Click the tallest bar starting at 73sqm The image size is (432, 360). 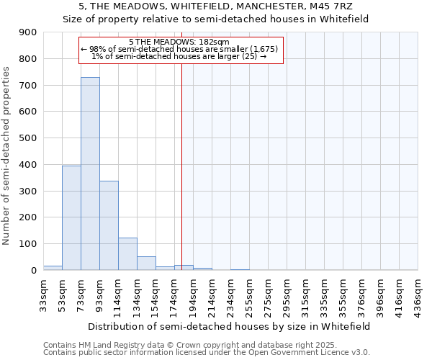(90, 174)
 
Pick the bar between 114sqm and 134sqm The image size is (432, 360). (127, 253)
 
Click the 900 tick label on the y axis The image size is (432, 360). (28, 32)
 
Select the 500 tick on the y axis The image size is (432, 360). (28, 138)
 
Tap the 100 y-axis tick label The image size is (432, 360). (28, 244)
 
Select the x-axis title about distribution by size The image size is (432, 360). (230, 326)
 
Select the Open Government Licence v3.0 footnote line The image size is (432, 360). (207, 353)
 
